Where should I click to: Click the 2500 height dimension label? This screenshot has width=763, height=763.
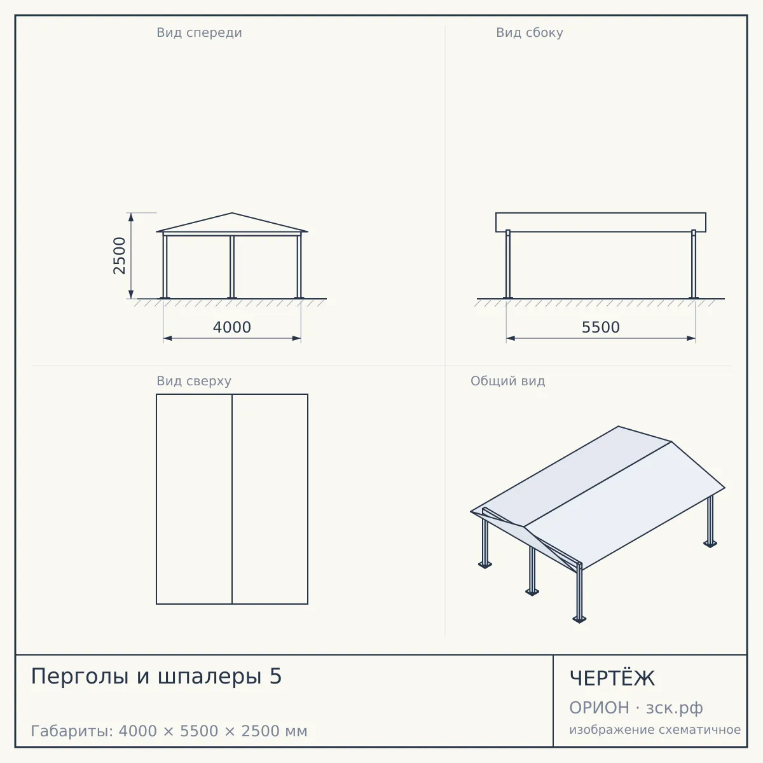point(119,256)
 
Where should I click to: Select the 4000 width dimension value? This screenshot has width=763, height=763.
point(232,327)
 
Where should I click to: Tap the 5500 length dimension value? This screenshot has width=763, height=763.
point(601,327)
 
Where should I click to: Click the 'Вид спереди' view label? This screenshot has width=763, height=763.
point(199,32)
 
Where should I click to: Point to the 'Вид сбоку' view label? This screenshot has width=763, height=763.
point(530,32)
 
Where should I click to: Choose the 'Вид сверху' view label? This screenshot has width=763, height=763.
point(194,381)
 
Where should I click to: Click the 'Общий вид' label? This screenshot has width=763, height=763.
point(507,381)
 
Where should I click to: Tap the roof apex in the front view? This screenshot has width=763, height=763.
point(232,213)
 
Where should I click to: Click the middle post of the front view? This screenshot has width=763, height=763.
point(232,267)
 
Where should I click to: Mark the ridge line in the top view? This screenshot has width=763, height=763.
point(232,499)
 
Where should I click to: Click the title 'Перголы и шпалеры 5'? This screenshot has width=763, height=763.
point(156,676)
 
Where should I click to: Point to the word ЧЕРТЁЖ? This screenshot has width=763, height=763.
point(612,678)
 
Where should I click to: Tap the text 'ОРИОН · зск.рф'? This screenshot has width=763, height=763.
point(636,708)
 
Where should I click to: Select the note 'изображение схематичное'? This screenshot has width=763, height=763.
point(655,729)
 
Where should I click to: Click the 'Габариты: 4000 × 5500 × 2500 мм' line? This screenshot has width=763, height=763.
point(169,731)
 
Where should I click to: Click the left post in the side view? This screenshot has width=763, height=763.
point(508,264)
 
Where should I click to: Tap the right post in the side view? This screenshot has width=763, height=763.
point(694,264)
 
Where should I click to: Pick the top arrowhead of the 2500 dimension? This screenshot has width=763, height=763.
point(131,217)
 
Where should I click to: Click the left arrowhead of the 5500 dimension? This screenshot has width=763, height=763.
point(511,338)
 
